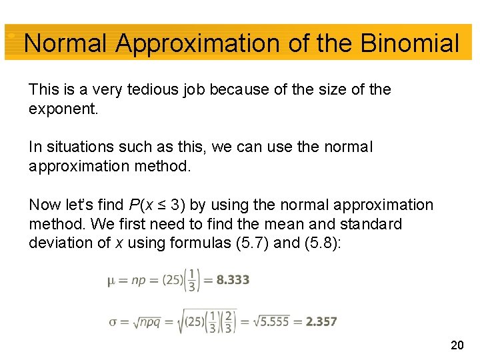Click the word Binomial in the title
[x=409, y=44]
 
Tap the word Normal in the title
[x=65, y=44]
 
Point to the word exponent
[x=63, y=109]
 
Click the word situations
[x=78, y=147]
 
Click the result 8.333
[x=233, y=280]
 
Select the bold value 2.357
[x=321, y=321]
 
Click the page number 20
[x=457, y=345]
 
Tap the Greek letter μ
[x=111, y=281]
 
